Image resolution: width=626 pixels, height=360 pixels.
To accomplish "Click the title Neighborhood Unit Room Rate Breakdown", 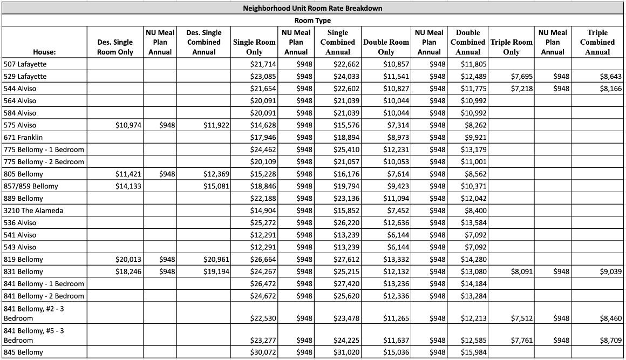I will pos(312,9).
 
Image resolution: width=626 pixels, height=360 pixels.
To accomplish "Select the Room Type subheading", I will pos(312,21).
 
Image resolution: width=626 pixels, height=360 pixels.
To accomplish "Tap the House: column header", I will pos(44,52).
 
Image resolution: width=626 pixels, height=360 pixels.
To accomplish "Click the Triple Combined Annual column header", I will pos(597,42).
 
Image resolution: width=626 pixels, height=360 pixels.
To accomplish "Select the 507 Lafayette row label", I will pos(25,64).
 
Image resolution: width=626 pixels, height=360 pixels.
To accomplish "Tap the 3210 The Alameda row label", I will pos(33,211).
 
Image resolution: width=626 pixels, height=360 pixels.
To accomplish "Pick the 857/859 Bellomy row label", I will pos(31,186).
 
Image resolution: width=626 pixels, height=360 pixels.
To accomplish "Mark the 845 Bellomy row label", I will pos(23,352).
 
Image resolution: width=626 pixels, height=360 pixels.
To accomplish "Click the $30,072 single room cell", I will pos(263,352).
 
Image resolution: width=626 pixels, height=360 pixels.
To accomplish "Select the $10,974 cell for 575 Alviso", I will pos(128,125).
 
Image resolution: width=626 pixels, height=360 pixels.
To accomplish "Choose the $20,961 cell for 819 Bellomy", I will pos(216,260).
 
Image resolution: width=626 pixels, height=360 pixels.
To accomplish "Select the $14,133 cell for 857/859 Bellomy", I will pos(128,186).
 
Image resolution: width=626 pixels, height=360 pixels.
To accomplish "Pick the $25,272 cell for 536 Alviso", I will pos(263,223).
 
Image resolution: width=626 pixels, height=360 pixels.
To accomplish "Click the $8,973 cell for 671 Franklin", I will pos(397,138).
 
